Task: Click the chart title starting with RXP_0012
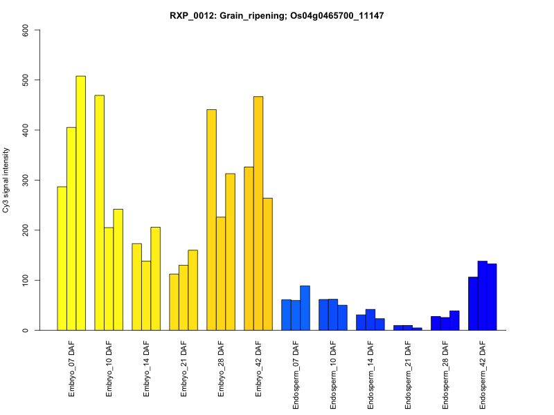276,15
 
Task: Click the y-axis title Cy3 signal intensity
6,180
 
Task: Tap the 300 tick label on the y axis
26,180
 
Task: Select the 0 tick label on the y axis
26,330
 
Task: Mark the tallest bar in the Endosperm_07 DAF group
305,308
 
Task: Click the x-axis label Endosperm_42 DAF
483,373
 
